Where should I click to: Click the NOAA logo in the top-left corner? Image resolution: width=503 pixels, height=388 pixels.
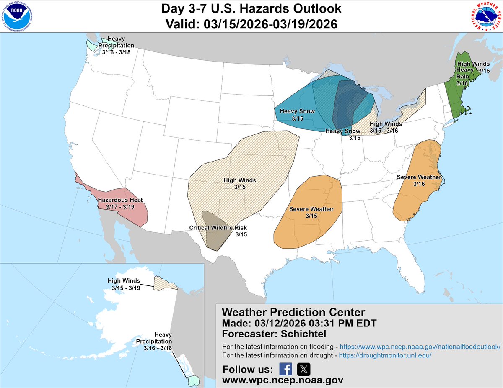coord(17,17)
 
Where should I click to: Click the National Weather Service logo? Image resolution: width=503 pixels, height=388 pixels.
coord(485,17)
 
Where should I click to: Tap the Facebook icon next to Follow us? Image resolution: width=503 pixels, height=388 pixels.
coord(285,369)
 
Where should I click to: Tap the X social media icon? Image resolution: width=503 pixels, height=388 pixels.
coord(303,369)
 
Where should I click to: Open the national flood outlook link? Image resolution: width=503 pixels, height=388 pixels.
coord(420,347)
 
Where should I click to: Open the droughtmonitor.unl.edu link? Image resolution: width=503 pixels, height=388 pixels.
coord(385,355)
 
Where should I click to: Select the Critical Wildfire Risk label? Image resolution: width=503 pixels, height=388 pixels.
coord(218,228)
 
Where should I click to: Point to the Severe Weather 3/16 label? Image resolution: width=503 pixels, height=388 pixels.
coord(419,177)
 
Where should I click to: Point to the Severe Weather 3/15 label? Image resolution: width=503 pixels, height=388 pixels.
coord(311,209)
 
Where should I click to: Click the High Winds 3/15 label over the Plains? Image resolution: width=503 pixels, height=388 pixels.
coord(240,180)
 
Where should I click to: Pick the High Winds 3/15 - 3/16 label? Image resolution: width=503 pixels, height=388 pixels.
coord(386,124)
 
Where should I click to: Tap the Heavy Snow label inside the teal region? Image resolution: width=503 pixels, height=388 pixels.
coord(295,111)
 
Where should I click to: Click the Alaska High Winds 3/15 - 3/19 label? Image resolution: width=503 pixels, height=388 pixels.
coord(124,281)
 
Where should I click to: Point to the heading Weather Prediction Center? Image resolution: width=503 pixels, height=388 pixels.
coord(293,312)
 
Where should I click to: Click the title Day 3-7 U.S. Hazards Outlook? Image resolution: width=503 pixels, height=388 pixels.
coord(251,8)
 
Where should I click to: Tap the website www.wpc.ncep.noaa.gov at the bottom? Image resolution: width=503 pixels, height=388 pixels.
coord(283,380)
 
